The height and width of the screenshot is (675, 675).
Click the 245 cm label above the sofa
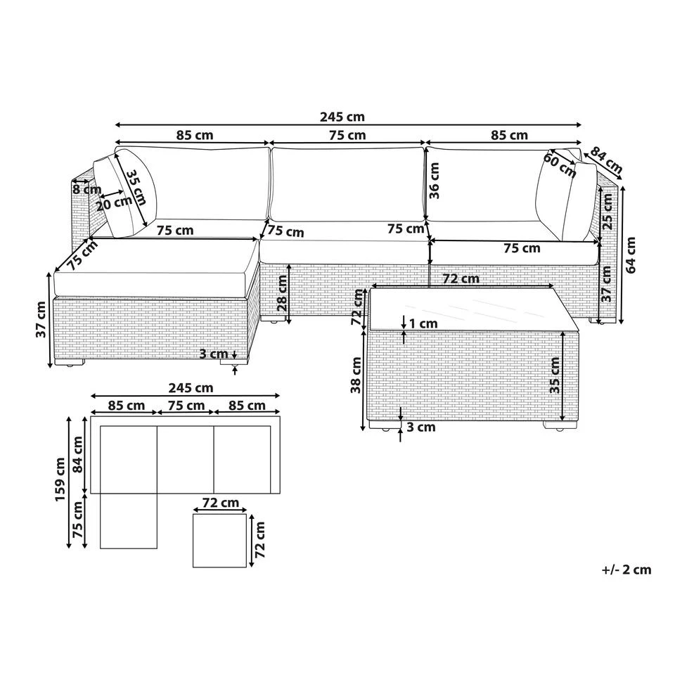342,117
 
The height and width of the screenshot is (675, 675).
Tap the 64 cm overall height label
631,255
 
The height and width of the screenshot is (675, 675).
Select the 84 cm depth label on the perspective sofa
606,160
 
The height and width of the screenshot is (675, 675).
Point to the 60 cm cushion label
560,165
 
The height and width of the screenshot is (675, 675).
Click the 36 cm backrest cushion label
434,181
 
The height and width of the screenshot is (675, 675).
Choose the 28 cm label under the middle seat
282,292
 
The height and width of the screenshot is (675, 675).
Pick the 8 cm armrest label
86,189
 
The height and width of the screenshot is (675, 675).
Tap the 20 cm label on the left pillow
114,203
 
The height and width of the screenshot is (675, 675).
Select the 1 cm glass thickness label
423,323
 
